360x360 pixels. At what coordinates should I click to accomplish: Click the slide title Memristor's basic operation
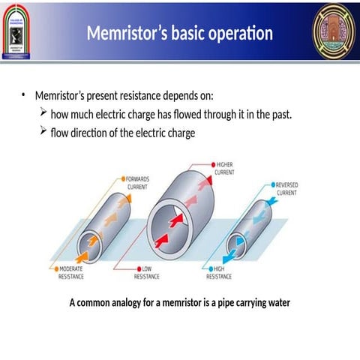tap(179, 34)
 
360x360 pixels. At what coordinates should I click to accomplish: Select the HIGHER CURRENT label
tap(225, 168)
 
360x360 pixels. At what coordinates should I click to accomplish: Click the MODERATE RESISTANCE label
tap(71, 271)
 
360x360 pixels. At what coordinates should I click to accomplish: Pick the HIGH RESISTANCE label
tap(219, 271)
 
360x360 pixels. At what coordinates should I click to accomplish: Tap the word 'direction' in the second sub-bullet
tap(94, 133)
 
